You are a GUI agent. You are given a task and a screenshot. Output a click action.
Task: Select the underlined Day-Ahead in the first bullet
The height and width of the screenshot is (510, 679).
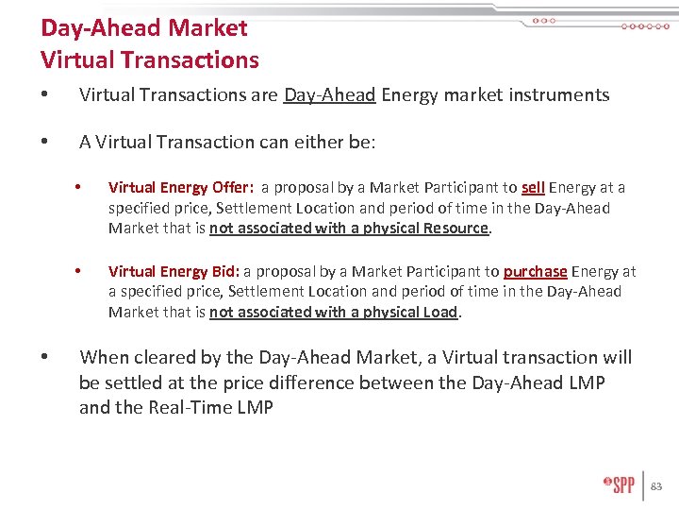pyautogui.click(x=329, y=94)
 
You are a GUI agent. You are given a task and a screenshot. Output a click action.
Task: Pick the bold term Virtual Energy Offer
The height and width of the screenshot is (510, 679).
pyautogui.click(x=180, y=188)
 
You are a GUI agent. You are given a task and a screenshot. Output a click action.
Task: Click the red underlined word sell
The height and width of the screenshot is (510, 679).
pyautogui.click(x=533, y=188)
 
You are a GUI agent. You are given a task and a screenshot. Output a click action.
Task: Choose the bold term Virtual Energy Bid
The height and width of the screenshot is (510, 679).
pyautogui.click(x=174, y=271)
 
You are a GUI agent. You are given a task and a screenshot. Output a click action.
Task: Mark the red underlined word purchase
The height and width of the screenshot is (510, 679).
pyautogui.click(x=536, y=271)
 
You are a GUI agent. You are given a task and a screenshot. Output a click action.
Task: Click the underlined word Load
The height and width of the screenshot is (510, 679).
pyautogui.click(x=439, y=312)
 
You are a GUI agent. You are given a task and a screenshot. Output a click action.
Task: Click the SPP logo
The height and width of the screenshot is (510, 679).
pyautogui.click(x=620, y=484)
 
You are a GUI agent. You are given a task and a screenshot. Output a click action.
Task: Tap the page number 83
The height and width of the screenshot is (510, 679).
pyautogui.click(x=657, y=486)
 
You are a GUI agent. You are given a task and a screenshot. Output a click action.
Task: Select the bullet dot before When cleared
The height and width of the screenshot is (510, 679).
pyautogui.click(x=45, y=358)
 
